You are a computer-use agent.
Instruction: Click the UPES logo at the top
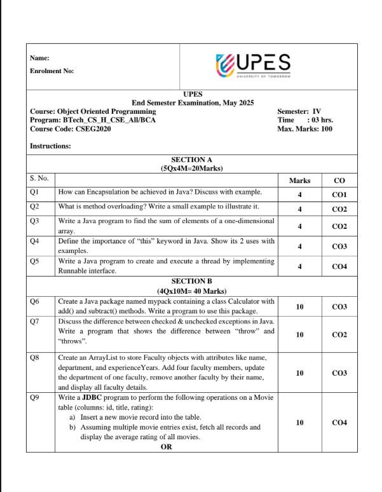[x=254, y=65]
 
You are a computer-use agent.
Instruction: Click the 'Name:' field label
[x=39, y=58]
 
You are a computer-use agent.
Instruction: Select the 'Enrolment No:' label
[x=51, y=71]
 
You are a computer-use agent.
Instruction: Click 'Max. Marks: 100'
[x=304, y=129]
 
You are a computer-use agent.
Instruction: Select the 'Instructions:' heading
[x=50, y=146]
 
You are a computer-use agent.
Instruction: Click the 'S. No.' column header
[x=39, y=179]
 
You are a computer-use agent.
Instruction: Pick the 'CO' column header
[x=339, y=181]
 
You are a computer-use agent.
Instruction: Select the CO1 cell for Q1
[x=339, y=195]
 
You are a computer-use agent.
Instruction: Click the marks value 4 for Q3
[x=299, y=226]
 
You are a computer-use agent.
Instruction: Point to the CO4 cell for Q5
[x=339, y=266]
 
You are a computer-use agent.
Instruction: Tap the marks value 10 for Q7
[x=299, y=334]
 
